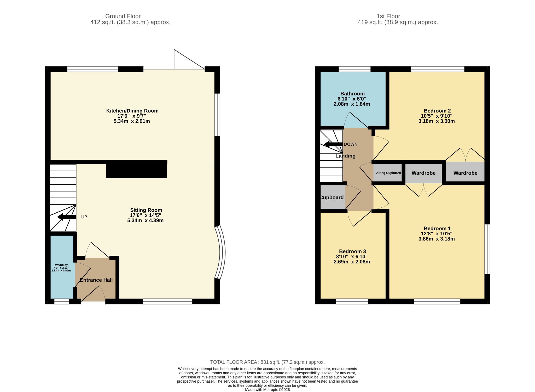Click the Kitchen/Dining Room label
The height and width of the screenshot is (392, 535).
point(132,111)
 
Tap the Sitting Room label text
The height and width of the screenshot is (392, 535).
point(146,210)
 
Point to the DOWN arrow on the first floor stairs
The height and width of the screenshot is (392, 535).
point(333,144)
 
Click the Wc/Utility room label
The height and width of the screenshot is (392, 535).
point(61,265)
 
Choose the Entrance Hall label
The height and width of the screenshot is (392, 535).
point(96,280)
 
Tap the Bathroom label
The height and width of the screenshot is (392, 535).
point(352,94)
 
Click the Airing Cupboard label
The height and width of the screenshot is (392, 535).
point(388,173)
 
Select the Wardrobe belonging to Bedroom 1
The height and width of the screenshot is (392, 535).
point(423,173)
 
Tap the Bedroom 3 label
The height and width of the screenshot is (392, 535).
point(352,252)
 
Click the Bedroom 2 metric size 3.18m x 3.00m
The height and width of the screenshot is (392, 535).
point(437,121)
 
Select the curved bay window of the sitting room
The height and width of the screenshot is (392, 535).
point(221,252)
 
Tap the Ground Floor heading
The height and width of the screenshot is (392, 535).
point(123,16)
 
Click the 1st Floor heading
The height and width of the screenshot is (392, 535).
point(388,16)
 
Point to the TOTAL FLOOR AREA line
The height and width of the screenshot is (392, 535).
point(267,362)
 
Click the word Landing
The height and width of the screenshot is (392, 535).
point(345,156)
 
